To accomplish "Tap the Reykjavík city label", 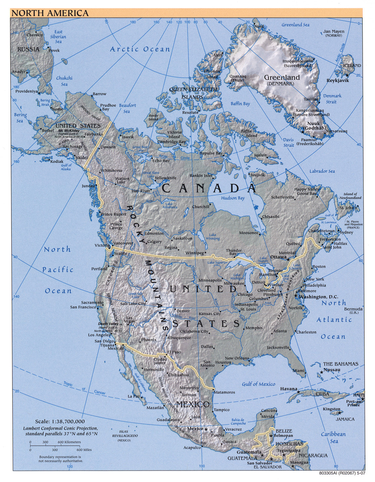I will click(337, 80).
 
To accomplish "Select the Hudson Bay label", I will click(233, 198).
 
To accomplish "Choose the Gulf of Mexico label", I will click(258, 384).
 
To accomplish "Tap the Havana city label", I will click(288, 389).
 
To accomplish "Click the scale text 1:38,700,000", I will click(60, 422).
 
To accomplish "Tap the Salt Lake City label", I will click(133, 304).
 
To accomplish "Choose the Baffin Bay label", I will click(240, 104).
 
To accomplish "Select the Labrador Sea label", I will click(322, 171).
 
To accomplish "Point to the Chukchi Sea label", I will click(64, 81).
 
